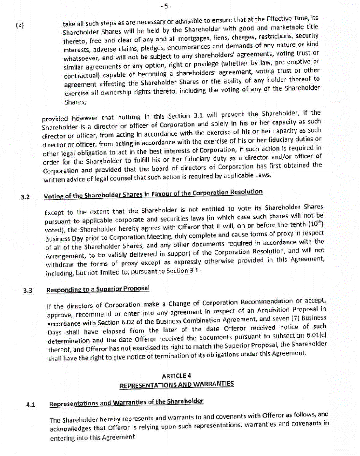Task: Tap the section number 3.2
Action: [26, 197]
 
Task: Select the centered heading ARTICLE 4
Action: [176, 376]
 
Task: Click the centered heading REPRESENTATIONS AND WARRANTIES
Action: [177, 385]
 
